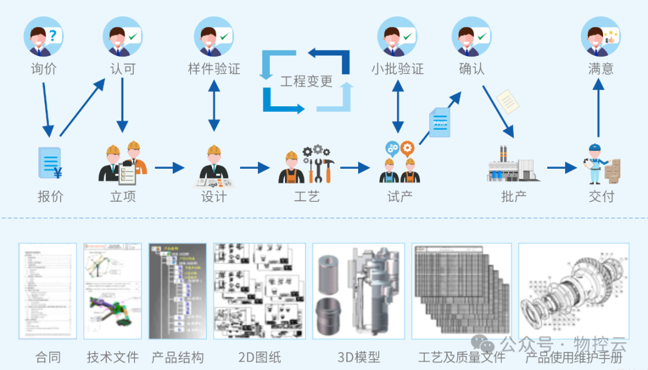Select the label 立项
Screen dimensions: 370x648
click(x=123, y=196)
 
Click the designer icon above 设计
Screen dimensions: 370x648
click(x=213, y=165)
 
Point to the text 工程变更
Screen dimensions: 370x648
click(x=306, y=81)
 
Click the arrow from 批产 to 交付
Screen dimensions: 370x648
click(x=561, y=168)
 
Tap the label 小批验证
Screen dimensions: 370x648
click(x=397, y=69)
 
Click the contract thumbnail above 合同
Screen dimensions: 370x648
click(x=48, y=291)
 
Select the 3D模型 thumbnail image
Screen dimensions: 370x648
click(x=358, y=291)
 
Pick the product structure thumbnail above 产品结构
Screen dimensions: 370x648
click(x=178, y=291)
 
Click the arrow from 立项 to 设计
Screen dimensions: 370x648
click(x=169, y=168)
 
